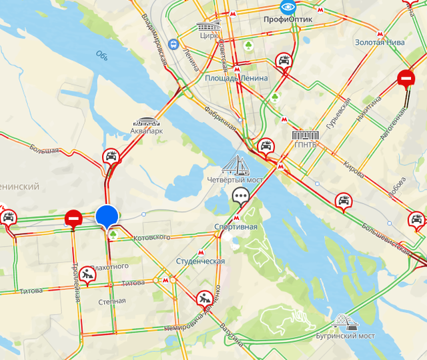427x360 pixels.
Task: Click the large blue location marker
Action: [107, 216]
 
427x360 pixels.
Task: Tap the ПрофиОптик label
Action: [288, 21]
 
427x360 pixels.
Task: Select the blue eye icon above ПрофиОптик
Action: [288, 7]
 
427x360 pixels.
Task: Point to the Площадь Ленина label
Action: [236, 78]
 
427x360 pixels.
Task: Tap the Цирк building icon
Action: [207, 27]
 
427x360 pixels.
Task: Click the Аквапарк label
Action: [147, 132]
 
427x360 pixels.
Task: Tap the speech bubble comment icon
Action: [240, 195]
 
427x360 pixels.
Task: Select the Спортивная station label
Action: [236, 227]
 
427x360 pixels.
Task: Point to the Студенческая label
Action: [200, 261]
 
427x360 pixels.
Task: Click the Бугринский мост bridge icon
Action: [346, 322]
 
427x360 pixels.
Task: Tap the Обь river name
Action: [101, 54]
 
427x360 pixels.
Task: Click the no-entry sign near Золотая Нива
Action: [405, 79]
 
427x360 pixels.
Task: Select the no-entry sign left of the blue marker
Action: [73, 218]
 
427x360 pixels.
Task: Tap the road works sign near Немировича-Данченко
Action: [204, 298]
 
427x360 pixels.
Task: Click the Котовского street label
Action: [148, 237]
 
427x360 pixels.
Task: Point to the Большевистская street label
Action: [386, 237]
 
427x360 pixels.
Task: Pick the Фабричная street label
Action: [220, 117]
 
